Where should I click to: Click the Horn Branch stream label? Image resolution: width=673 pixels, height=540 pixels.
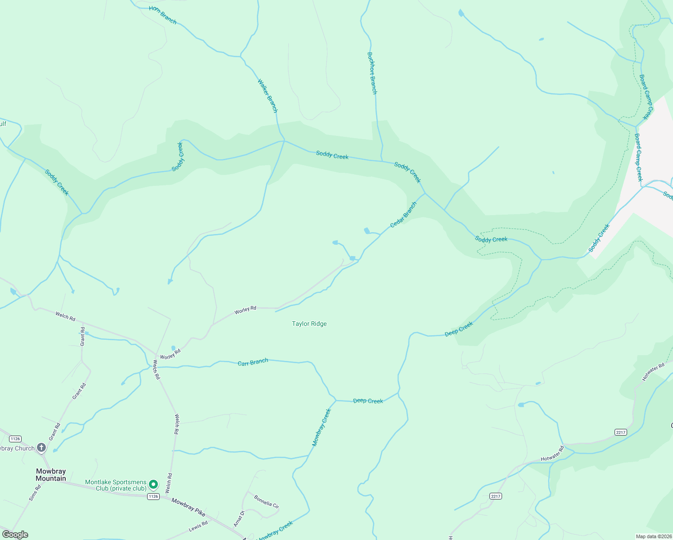tap(163, 15)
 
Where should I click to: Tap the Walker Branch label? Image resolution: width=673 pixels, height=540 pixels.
tap(268, 96)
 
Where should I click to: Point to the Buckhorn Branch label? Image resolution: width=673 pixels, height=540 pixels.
tap(372, 73)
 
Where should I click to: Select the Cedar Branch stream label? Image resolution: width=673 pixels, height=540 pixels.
tap(403, 215)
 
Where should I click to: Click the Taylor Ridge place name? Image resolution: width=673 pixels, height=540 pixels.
tap(309, 324)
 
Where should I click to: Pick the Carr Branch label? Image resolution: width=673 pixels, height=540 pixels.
tap(253, 362)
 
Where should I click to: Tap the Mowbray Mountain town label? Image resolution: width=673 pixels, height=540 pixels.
tap(51, 475)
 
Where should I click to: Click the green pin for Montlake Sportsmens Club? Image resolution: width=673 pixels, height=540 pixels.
tap(153, 485)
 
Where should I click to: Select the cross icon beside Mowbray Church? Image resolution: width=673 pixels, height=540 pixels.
tap(41, 447)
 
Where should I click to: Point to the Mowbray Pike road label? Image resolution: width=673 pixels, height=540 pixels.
tap(188, 508)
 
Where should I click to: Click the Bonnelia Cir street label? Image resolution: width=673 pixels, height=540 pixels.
tap(266, 502)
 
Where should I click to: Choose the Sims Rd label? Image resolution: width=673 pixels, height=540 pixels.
tap(35, 493)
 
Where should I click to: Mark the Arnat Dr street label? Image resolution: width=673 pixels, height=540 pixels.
tap(238, 519)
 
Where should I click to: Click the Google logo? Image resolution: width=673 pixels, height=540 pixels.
tap(15, 535)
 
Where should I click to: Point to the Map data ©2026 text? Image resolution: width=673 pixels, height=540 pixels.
tap(653, 536)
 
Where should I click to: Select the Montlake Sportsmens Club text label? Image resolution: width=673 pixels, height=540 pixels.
tap(116, 485)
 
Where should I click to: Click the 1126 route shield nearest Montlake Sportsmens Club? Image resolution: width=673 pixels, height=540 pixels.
tap(153, 496)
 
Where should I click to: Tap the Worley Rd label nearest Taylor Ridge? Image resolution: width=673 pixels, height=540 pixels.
tap(245, 310)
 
